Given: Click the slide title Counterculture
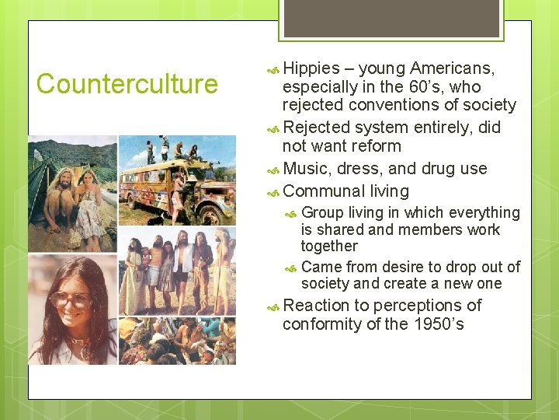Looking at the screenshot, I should (x=127, y=84).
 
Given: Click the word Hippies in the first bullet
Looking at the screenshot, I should (x=311, y=68).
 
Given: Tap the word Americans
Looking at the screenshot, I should (x=453, y=68).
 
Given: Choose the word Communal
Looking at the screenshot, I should (x=324, y=191).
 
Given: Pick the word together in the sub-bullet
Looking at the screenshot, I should (x=329, y=247).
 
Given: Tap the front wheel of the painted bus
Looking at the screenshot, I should (x=211, y=212).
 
